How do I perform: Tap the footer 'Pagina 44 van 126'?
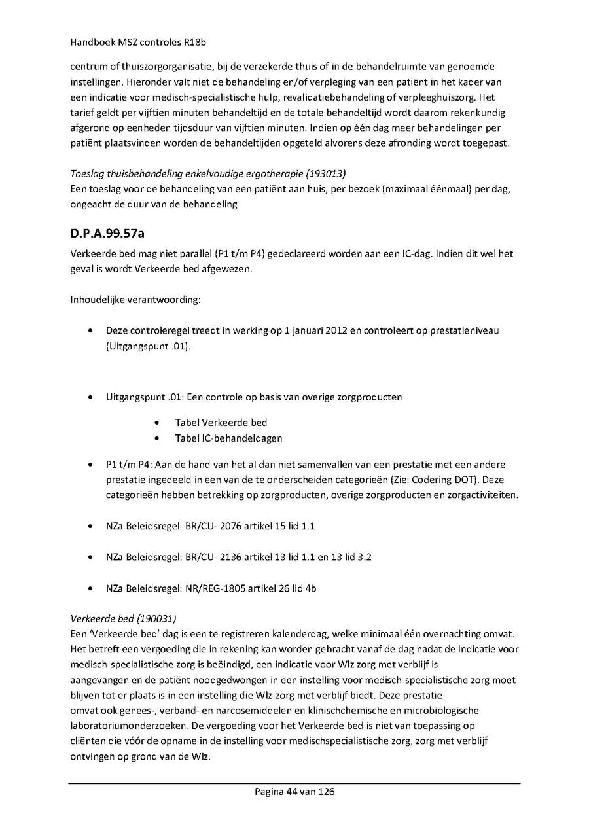(294, 792)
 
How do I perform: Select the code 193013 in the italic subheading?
(327, 173)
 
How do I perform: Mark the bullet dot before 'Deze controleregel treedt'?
(90, 331)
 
